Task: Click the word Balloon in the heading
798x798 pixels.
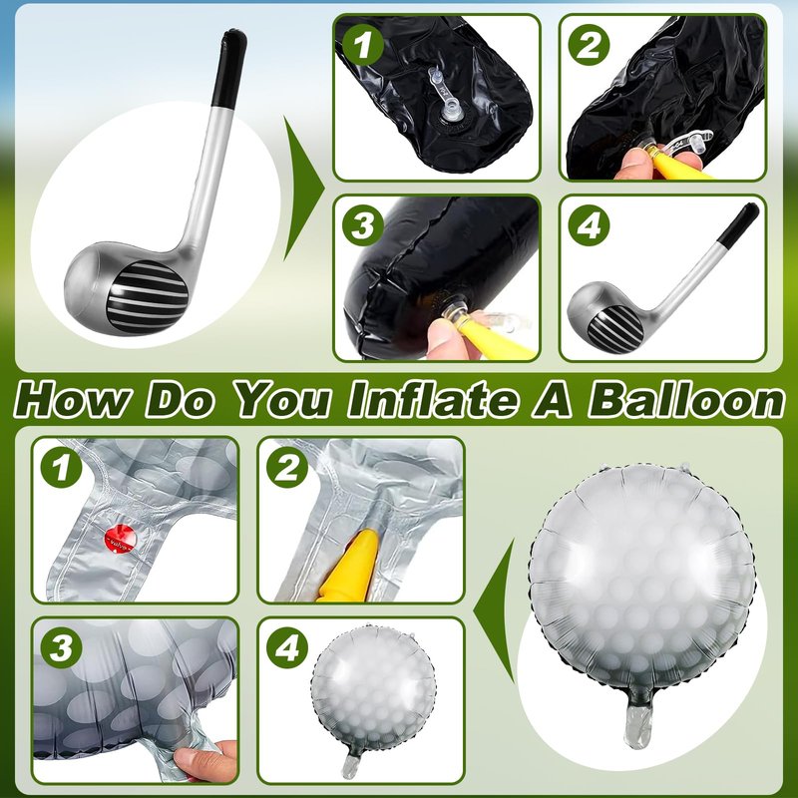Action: [x=686, y=400]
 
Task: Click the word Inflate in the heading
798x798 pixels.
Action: [x=432, y=400]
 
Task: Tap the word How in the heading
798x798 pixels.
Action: [x=71, y=400]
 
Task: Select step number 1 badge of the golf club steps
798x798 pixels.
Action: [x=362, y=45]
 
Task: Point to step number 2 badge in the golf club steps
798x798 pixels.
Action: [x=589, y=45]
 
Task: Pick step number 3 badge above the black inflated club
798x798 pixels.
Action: [x=362, y=225]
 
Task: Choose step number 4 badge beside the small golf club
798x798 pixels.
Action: [x=589, y=225]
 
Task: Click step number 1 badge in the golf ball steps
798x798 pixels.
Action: [x=61, y=467]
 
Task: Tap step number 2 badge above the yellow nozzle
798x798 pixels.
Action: [x=287, y=467]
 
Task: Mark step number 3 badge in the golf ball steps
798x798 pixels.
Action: [x=61, y=647]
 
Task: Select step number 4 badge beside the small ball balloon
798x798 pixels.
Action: [x=287, y=647]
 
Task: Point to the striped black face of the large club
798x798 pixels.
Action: [x=147, y=295]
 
